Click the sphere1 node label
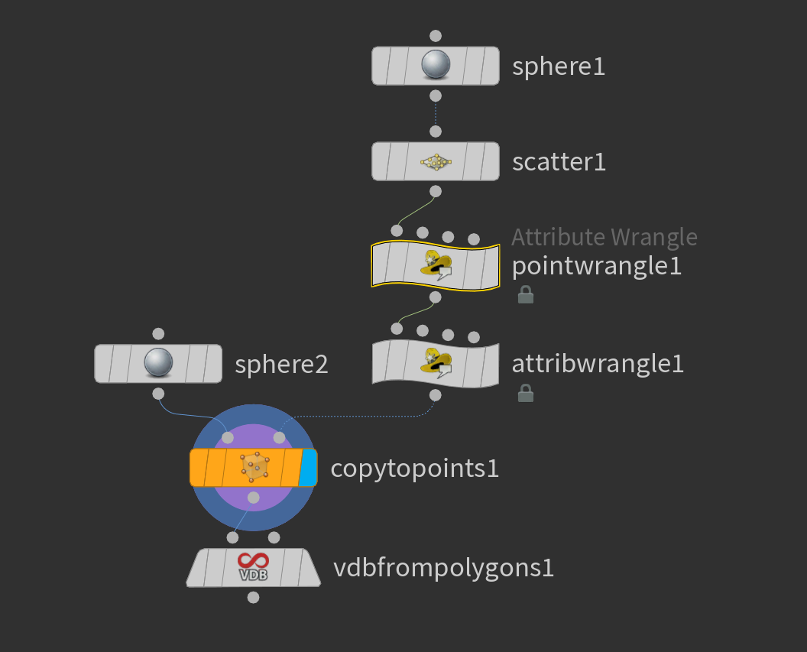tap(559, 66)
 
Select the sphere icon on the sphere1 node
tap(436, 66)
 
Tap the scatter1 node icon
tap(436, 161)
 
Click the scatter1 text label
tap(559, 162)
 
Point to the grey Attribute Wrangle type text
tap(604, 237)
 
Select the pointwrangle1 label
tap(596, 267)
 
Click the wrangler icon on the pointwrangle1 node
tap(436, 264)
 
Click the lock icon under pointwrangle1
tap(525, 294)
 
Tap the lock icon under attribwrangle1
tap(525, 393)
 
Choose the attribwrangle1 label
tap(598, 364)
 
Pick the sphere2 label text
tap(281, 365)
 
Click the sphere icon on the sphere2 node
tap(158, 363)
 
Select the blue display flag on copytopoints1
tap(308, 468)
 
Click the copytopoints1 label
tap(414, 469)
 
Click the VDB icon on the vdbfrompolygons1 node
tap(253, 568)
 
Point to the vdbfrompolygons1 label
tap(443, 569)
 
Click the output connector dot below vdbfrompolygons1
tap(254, 598)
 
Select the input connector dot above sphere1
tap(436, 36)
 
